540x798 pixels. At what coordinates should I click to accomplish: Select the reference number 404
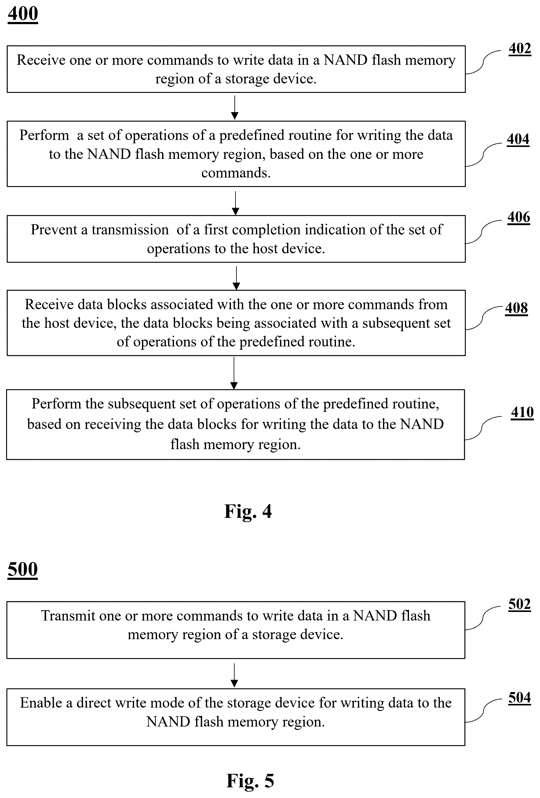[518, 139]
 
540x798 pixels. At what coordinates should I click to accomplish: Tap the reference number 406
[519, 217]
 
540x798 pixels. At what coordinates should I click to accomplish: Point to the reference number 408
[516, 308]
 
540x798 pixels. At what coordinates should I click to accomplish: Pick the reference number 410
[522, 412]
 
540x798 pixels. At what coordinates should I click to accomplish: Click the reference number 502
[520, 604]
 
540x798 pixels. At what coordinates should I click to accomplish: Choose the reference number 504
[520, 697]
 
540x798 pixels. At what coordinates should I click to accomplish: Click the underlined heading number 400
[23, 14]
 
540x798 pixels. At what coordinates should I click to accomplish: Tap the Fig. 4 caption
[248, 512]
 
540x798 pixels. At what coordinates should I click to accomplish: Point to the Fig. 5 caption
[250, 781]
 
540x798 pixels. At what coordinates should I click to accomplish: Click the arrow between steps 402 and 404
[235, 108]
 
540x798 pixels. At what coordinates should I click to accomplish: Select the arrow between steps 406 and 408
[236, 278]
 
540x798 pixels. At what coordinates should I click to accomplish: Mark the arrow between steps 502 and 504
[234, 675]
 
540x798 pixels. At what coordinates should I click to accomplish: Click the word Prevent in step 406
[54, 230]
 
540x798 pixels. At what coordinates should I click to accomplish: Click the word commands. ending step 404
[236, 173]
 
